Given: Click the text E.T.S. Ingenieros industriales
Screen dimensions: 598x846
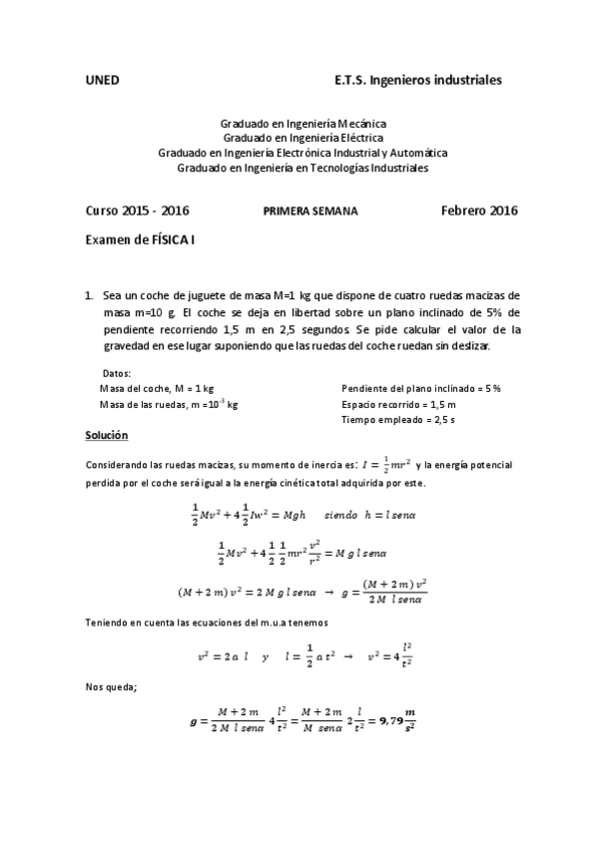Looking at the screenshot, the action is pos(417,78).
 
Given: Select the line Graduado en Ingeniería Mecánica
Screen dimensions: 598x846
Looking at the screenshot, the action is pos(303,123).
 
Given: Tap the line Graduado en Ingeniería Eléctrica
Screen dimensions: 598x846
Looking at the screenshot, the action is pos(303,138).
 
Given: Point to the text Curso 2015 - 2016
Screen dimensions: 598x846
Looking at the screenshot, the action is pos(138,211).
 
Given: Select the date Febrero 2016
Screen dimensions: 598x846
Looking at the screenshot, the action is pos(479,211).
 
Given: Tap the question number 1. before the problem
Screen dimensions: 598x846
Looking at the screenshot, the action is pos(90,296).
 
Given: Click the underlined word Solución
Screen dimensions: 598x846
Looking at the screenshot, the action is pos(107,436).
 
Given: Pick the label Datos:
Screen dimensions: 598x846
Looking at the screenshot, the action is pos(118,372).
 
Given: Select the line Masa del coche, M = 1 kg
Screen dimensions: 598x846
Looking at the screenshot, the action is pos(157,387).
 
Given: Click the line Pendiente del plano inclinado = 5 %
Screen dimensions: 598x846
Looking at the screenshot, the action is pos(420,387).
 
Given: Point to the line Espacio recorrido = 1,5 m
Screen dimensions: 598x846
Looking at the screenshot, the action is pos(398,404).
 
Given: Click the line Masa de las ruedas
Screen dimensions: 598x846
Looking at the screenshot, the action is pos(169,404).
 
